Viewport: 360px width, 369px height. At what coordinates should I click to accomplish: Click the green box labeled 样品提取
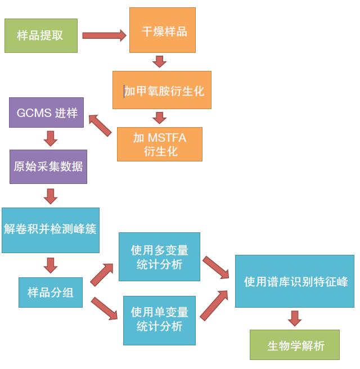(40, 35)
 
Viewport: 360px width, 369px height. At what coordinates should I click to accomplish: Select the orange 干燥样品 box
(162, 30)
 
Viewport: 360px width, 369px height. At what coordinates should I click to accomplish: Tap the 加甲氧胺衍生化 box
(161, 90)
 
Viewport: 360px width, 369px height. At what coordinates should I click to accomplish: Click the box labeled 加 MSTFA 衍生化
(159, 145)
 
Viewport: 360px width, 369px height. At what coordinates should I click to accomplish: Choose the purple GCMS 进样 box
(47, 112)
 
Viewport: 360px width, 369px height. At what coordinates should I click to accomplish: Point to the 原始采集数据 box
(48, 166)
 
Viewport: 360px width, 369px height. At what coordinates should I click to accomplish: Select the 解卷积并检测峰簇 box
(50, 229)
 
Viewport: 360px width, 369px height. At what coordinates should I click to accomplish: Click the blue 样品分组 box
(51, 292)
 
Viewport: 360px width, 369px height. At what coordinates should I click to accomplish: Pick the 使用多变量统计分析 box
(159, 256)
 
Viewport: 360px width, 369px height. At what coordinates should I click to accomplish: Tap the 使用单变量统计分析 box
(159, 319)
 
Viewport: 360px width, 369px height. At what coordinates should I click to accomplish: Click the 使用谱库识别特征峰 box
(295, 281)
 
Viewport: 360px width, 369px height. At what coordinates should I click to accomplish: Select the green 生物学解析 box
(295, 345)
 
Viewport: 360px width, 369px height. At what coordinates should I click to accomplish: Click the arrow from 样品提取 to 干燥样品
(104, 35)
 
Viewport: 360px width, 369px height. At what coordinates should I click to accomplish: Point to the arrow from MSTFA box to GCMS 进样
(100, 125)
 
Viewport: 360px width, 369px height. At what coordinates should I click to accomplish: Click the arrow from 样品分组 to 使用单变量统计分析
(103, 309)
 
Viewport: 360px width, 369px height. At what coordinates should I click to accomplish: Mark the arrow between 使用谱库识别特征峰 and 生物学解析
(295, 318)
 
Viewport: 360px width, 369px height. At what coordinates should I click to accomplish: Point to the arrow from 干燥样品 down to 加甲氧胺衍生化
(160, 61)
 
